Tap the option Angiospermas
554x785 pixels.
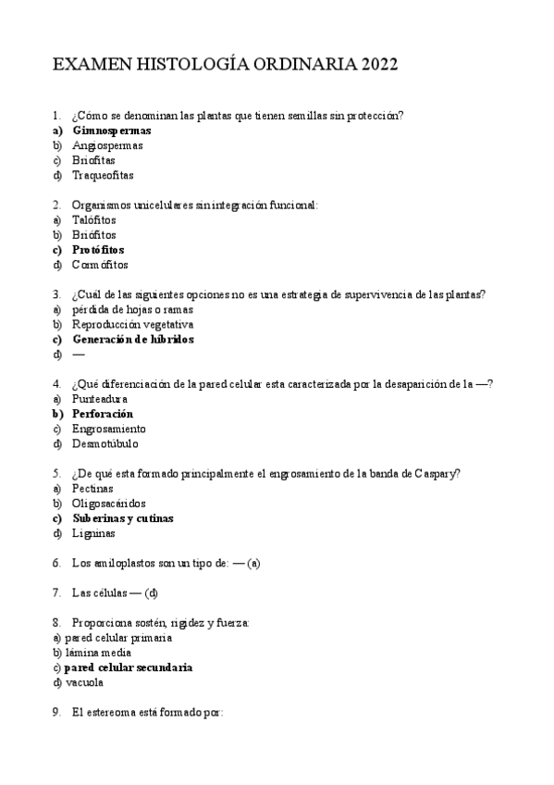pyautogui.click(x=107, y=145)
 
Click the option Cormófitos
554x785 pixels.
pyautogui.click(x=100, y=265)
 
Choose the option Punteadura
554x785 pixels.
pyautogui.click(x=100, y=399)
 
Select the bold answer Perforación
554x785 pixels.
pyautogui.click(x=102, y=414)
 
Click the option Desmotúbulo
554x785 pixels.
pyautogui.click(x=107, y=443)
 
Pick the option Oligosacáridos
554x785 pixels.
pyautogui.click(x=108, y=504)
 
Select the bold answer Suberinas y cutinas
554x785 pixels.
pyautogui.click(x=122, y=518)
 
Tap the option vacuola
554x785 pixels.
pyautogui.click(x=84, y=682)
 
